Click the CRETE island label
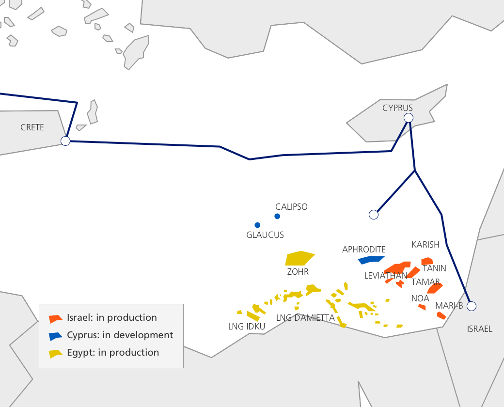(x=32, y=127)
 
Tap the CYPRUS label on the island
(x=397, y=108)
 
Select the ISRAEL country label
(x=479, y=329)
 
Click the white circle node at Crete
(x=65, y=141)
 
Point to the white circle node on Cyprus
(x=409, y=118)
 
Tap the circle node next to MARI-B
(x=472, y=306)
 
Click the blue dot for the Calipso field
(x=277, y=216)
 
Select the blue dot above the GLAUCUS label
(x=257, y=225)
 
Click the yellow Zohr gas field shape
(x=299, y=258)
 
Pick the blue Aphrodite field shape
(x=371, y=260)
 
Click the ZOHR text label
(x=298, y=272)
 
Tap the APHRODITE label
(x=364, y=250)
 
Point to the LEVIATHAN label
(x=386, y=276)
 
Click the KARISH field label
(x=425, y=245)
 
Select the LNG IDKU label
(x=247, y=326)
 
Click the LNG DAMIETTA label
(x=305, y=318)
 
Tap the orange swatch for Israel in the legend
(x=56, y=319)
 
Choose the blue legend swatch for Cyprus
(x=56, y=336)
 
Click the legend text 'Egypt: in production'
(x=113, y=352)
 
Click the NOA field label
(x=420, y=298)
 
